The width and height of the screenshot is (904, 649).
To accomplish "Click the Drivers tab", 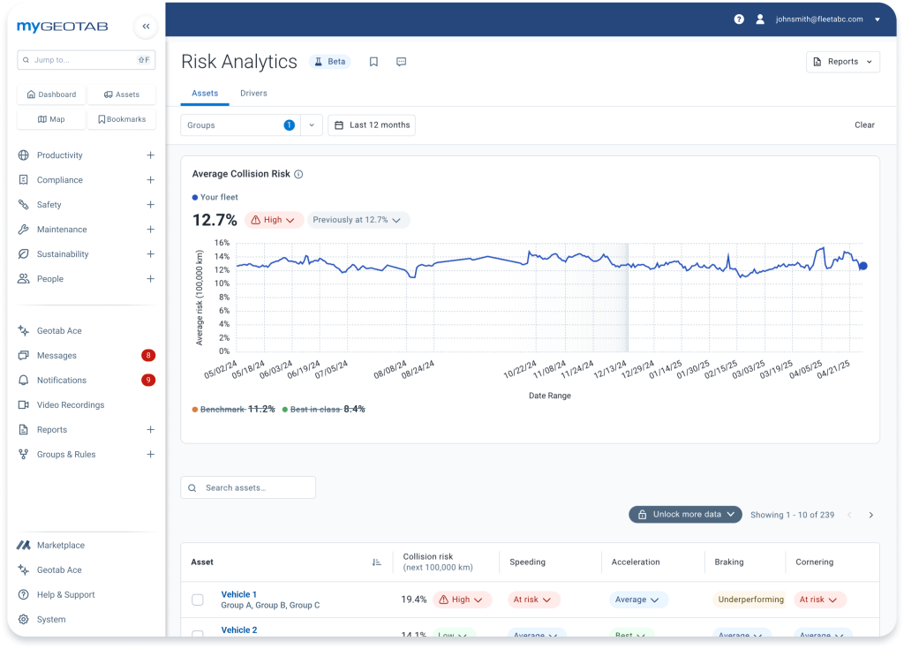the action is [x=253, y=94].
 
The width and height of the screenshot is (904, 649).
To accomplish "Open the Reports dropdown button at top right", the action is [x=842, y=62].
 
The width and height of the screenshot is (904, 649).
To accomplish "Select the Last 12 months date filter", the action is [x=372, y=125].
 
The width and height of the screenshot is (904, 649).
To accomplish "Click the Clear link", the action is [x=864, y=125].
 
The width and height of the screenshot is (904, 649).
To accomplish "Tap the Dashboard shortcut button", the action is [x=51, y=94].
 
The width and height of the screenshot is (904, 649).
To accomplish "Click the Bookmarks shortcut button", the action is [x=122, y=119].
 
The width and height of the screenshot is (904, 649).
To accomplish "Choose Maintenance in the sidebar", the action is [x=62, y=230].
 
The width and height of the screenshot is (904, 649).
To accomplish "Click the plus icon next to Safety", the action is [x=150, y=205].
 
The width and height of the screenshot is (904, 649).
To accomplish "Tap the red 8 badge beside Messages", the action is [x=148, y=355].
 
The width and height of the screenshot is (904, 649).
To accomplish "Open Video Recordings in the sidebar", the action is [x=71, y=405].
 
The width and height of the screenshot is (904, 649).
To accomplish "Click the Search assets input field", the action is [x=248, y=487].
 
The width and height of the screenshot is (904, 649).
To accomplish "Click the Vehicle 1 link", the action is [x=238, y=594].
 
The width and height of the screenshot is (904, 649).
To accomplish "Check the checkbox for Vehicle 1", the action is [x=198, y=600].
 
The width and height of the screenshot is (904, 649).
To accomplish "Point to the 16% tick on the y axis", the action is [x=222, y=243].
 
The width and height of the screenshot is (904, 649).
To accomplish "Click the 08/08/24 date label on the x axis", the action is [x=390, y=370].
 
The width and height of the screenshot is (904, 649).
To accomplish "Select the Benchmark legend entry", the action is [x=233, y=409].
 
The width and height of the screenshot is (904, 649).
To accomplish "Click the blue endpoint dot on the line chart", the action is [x=863, y=266].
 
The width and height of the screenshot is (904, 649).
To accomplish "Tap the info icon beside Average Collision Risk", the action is [x=298, y=174].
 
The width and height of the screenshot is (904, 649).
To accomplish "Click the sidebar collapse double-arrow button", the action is [x=146, y=26].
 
